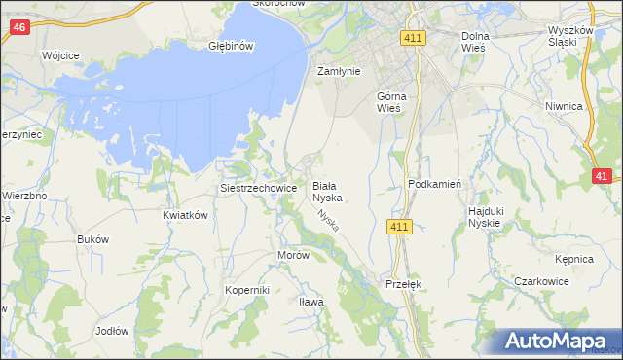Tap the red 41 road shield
(602, 176)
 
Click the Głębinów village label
(232, 46)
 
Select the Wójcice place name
(60, 55)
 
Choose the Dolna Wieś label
(476, 42)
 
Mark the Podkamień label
(434, 184)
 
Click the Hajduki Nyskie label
(484, 216)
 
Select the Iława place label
(311, 302)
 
